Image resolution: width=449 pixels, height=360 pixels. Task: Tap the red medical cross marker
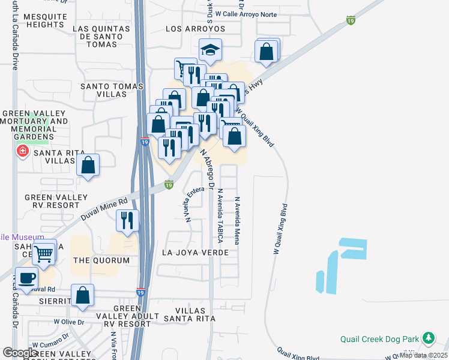pyautogui.click(x=23, y=151)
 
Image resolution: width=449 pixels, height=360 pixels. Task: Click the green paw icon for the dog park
pyautogui.click(x=428, y=338)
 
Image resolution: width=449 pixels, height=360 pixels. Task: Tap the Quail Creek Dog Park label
pyautogui.click(x=379, y=338)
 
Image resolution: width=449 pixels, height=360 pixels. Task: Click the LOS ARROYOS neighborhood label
pyautogui.click(x=195, y=29)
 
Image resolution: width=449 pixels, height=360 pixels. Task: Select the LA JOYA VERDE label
pyautogui.click(x=195, y=253)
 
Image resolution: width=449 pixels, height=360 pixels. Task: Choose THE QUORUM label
pyautogui.click(x=101, y=260)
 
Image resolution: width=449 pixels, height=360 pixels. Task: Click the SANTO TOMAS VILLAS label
pyautogui.click(x=112, y=91)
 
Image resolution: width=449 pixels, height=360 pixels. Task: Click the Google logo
pyautogui.click(x=20, y=353)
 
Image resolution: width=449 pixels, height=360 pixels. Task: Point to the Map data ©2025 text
pyautogui.click(x=423, y=355)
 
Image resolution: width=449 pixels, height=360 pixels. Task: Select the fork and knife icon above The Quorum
pyautogui.click(x=127, y=220)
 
